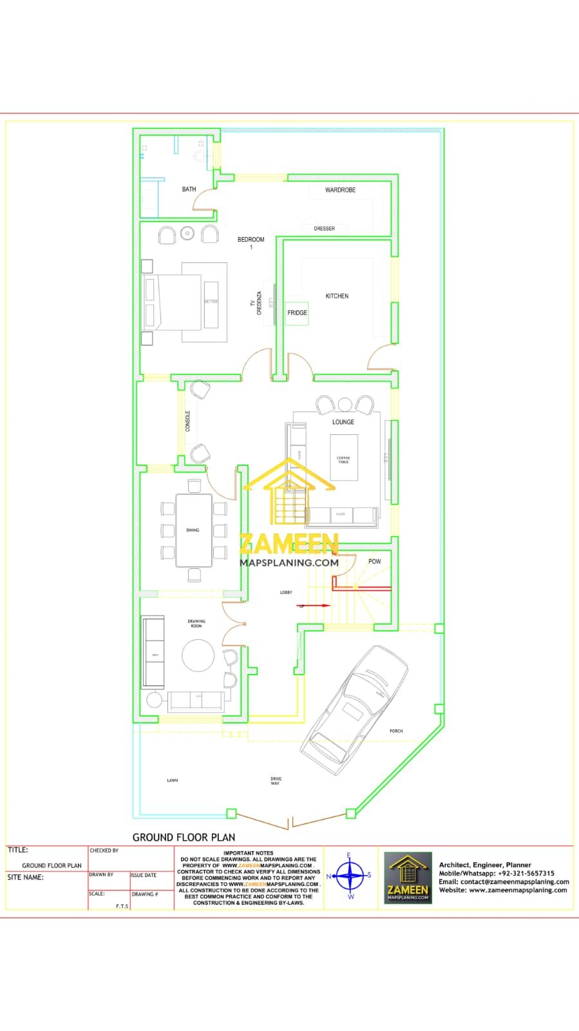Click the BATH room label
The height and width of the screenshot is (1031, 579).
(189, 189)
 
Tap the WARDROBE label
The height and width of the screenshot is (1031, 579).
(340, 190)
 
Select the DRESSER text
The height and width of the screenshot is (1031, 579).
(324, 229)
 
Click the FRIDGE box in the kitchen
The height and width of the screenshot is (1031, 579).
(297, 313)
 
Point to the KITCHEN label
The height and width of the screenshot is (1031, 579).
(337, 296)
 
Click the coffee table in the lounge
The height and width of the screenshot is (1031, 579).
(343, 458)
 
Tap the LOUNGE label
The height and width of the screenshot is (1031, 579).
(343, 422)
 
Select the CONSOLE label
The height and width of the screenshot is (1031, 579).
(188, 421)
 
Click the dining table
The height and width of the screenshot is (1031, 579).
(194, 530)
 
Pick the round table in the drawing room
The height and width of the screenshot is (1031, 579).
(198, 655)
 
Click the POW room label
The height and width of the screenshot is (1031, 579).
(374, 561)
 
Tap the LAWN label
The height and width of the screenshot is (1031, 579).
(173, 780)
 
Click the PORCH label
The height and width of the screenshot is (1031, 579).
(396, 731)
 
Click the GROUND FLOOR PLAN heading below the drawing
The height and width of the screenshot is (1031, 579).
(184, 837)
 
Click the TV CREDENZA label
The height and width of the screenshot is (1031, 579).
(256, 303)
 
